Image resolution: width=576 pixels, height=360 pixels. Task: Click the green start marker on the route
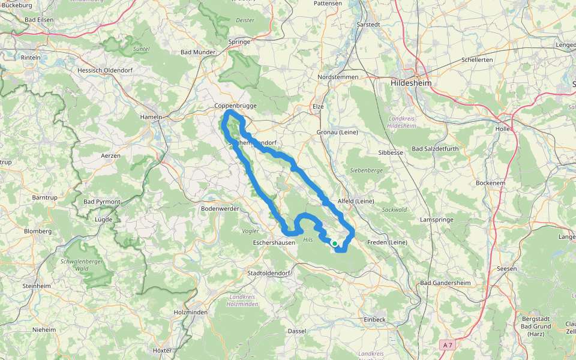334,244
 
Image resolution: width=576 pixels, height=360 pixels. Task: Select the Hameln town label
151,117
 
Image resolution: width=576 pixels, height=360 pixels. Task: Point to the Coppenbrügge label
236,106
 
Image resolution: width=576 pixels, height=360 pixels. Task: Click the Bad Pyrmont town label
102,202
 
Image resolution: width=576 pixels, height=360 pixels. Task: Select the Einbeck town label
374,320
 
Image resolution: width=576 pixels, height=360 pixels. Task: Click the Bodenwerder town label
220,209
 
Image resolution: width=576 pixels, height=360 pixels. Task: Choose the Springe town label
239,42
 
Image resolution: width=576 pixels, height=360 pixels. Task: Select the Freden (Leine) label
387,242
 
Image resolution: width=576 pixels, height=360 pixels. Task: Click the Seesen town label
507,269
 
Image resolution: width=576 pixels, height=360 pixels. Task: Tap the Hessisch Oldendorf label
104,70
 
